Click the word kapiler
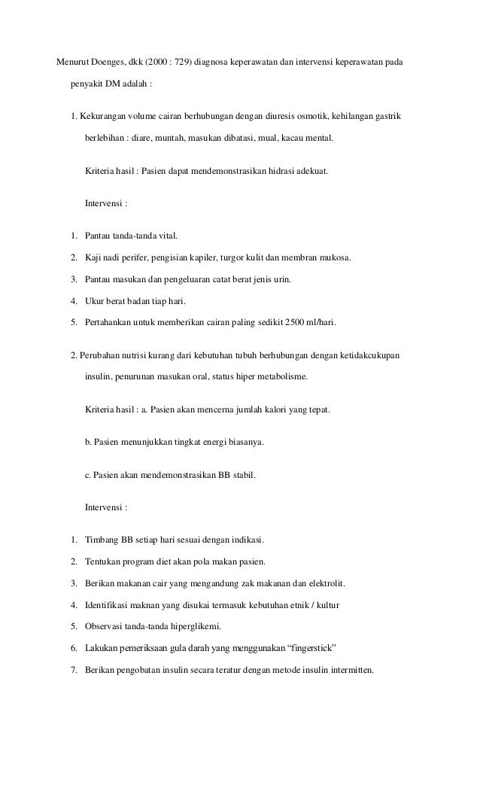(200, 258)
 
